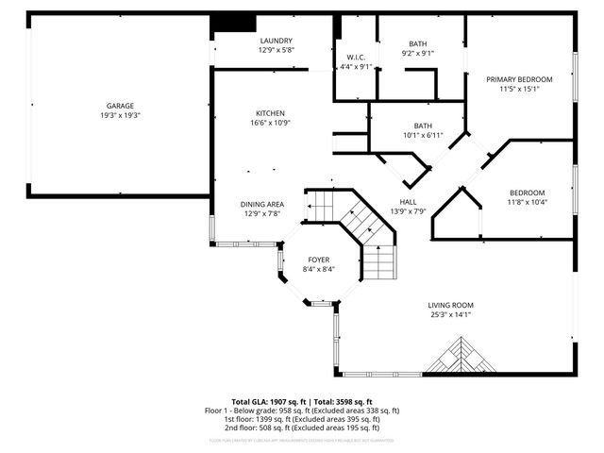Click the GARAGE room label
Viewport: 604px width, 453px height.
119,106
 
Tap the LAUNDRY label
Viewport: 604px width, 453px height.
277,41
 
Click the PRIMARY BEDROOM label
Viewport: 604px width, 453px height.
519,79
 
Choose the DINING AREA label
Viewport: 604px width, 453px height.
261,204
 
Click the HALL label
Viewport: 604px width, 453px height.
408,201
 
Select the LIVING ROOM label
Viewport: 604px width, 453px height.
450,305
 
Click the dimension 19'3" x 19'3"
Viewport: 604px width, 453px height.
119,115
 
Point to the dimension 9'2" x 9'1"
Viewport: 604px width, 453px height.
417,54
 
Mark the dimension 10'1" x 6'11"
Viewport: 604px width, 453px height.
423,136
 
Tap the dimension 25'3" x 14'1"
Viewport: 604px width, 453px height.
450,314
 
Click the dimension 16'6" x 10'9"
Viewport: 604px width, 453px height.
270,123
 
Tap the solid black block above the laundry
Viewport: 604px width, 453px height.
233,24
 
